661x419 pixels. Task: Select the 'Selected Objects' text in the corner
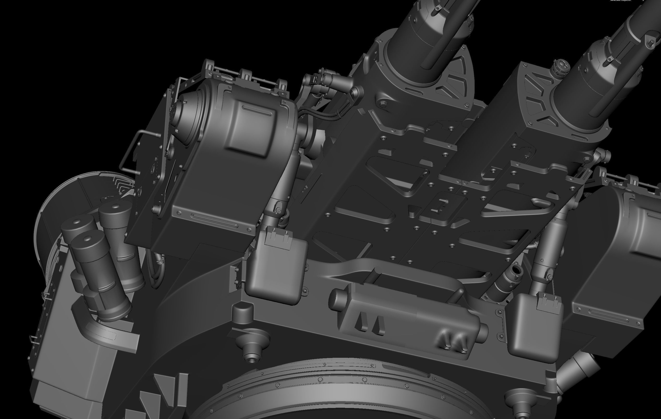point(620,1)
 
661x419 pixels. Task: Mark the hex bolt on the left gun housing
point(384,103)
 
